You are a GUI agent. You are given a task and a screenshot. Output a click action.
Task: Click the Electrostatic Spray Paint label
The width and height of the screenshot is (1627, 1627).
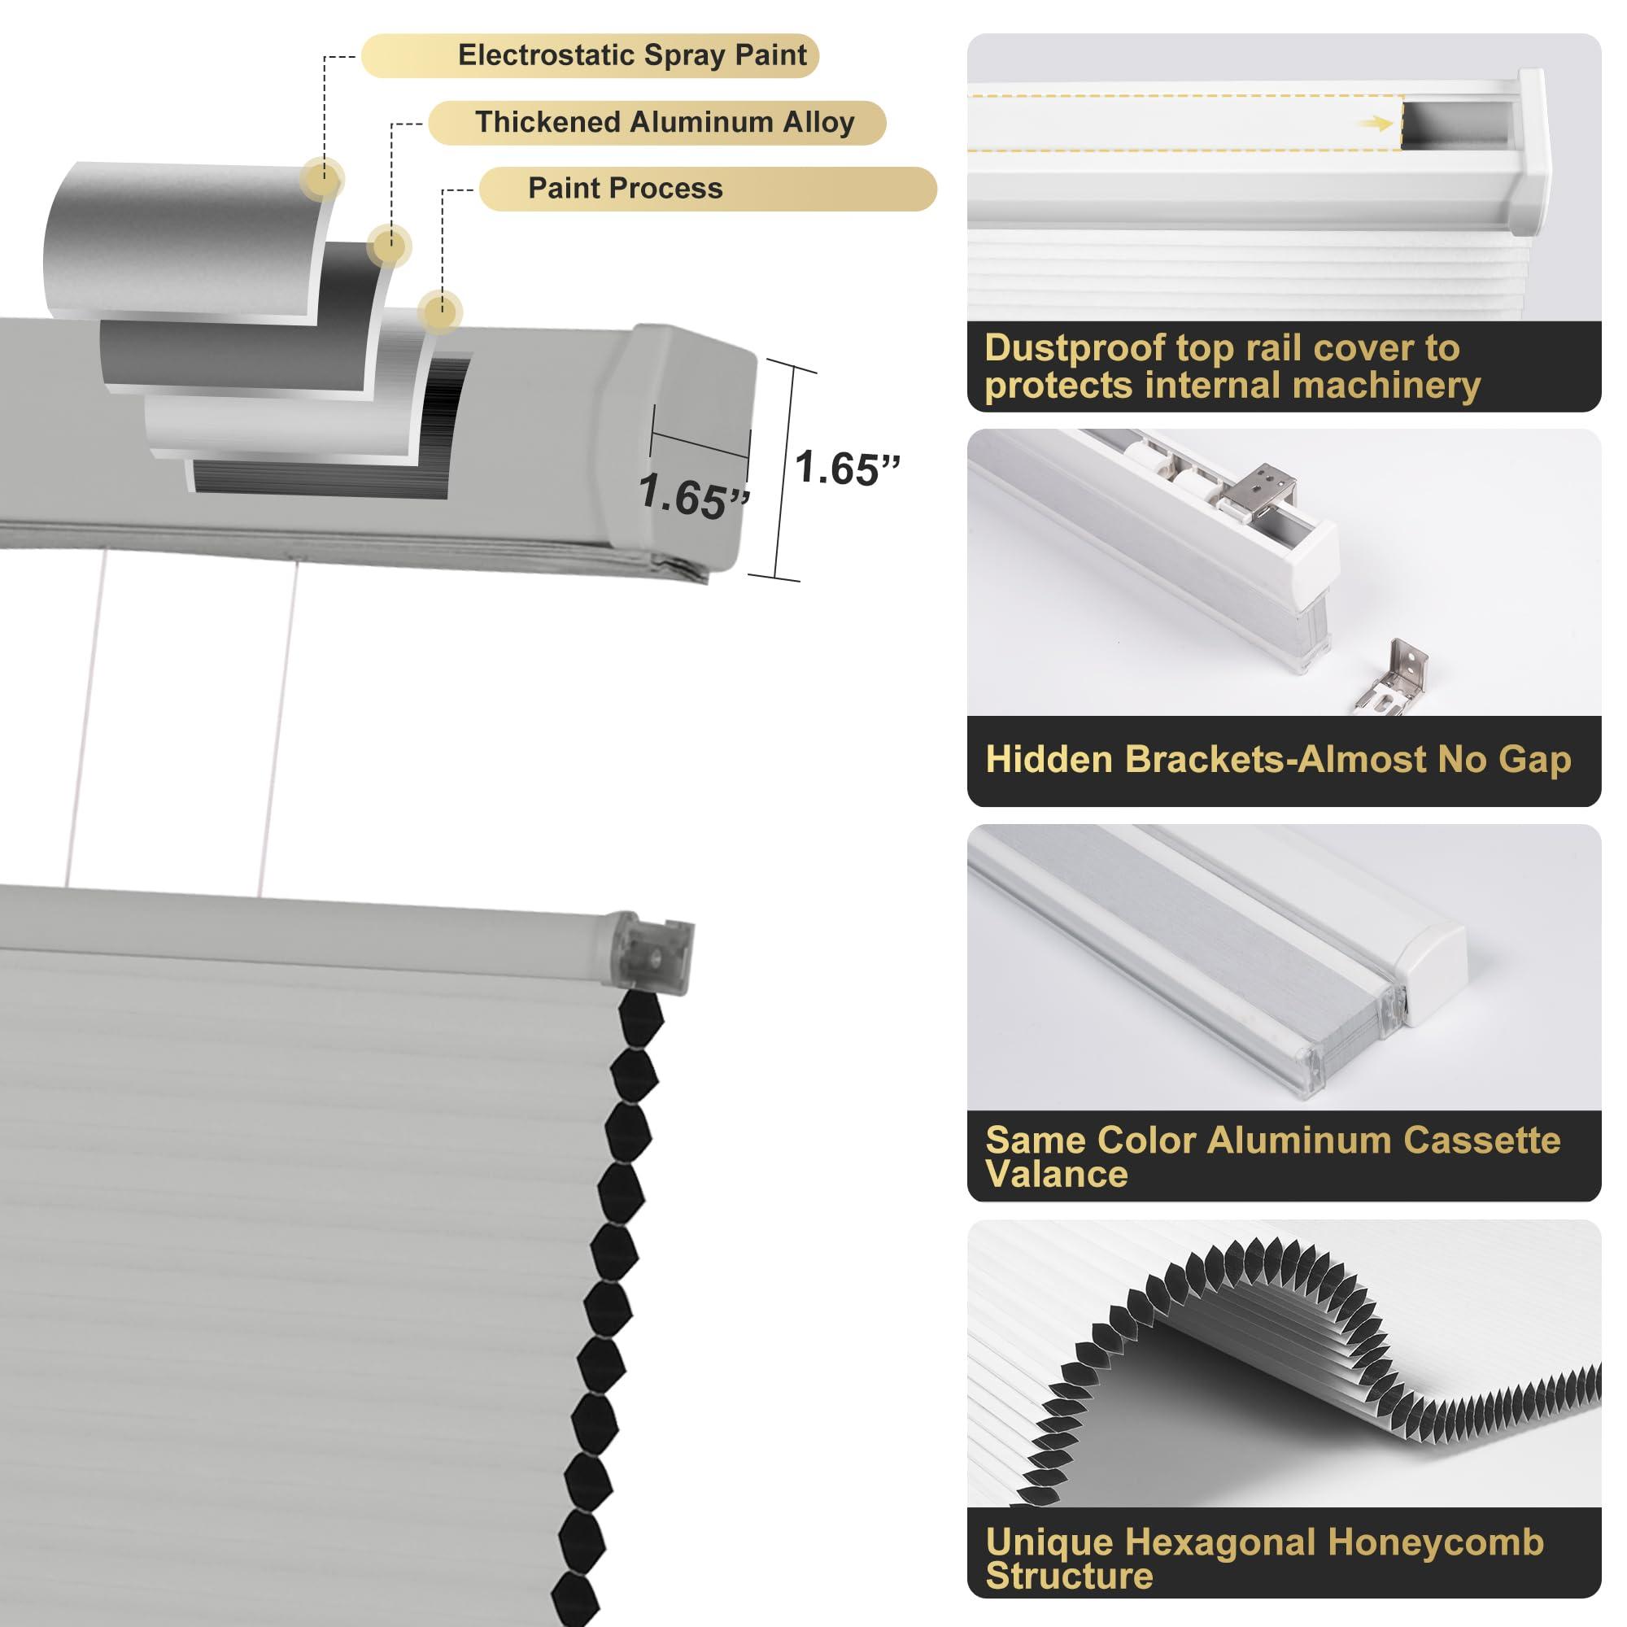(x=631, y=55)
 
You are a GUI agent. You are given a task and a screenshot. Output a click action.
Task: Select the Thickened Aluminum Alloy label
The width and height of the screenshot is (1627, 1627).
(x=664, y=123)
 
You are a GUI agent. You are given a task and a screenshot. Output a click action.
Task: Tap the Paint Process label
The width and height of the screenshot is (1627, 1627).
(x=625, y=189)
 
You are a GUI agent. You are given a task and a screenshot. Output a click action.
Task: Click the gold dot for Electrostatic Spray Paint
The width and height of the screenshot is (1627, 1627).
(x=324, y=177)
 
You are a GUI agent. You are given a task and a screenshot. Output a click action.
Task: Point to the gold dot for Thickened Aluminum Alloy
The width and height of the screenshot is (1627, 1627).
(x=389, y=246)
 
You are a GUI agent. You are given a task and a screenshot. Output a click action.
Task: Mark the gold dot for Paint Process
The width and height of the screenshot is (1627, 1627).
(x=438, y=312)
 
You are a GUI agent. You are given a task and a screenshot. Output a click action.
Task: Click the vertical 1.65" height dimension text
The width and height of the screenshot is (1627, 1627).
(x=846, y=468)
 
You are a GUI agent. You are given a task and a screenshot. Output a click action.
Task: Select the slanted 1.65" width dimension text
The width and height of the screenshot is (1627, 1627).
(x=693, y=497)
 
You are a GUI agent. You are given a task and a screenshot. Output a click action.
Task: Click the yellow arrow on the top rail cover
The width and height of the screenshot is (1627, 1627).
(x=1373, y=124)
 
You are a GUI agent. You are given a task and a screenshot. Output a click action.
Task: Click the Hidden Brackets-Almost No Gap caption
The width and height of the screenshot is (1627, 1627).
(x=1277, y=760)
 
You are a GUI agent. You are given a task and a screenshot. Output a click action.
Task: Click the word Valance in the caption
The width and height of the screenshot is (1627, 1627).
(x=1055, y=1174)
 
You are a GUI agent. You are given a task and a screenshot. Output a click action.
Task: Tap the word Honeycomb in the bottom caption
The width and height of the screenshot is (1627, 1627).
(x=1435, y=1542)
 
